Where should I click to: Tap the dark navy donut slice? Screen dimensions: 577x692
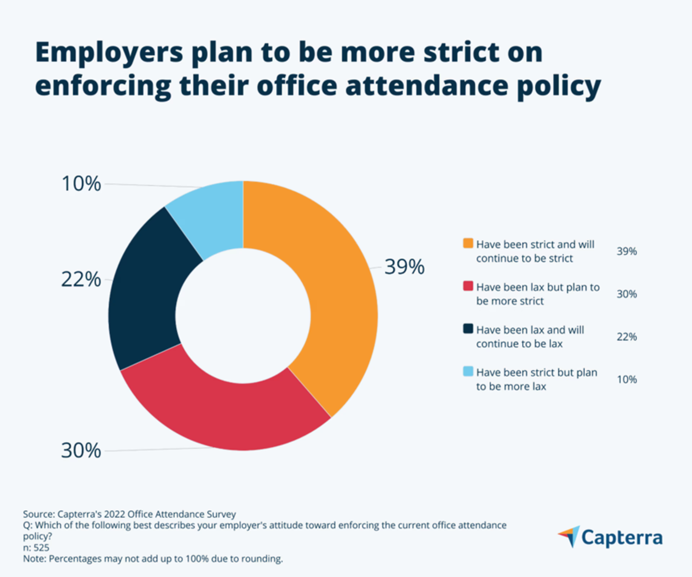click(x=145, y=297)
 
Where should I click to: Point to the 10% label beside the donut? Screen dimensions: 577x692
click(x=81, y=184)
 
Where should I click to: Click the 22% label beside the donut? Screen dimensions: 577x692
click(x=81, y=280)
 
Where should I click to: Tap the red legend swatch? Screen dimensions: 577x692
click(x=468, y=286)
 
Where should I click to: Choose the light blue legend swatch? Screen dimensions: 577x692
click(x=468, y=372)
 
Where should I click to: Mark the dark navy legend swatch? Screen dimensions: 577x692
click(x=468, y=329)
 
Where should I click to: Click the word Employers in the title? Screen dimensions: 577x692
click(x=109, y=53)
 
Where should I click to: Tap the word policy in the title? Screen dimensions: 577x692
click(x=558, y=86)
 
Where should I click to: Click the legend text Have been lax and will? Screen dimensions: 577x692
click(x=530, y=330)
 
